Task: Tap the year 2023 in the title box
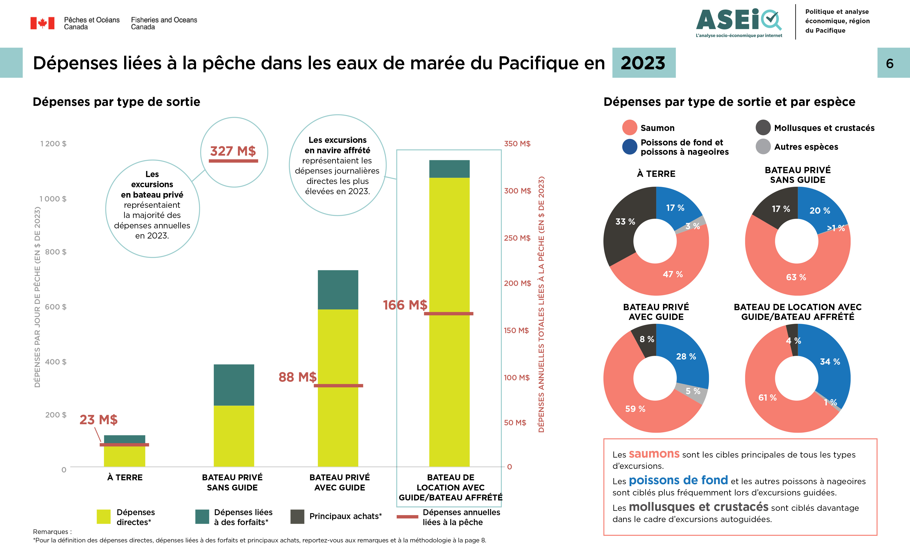coord(643,63)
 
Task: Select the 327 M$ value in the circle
coord(233,151)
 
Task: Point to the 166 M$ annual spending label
coord(405,305)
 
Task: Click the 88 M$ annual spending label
coord(297,377)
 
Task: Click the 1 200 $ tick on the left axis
coord(53,144)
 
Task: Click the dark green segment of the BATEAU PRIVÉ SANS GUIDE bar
coord(234,385)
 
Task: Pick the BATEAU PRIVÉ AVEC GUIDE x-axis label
coord(340,482)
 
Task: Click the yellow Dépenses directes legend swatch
coord(104,516)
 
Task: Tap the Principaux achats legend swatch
coord(297,516)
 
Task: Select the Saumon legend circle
coord(630,127)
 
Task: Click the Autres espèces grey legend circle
coord(763,147)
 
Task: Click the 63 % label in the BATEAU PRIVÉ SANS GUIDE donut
coord(796,277)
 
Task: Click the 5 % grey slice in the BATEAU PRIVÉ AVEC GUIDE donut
coord(693,392)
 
